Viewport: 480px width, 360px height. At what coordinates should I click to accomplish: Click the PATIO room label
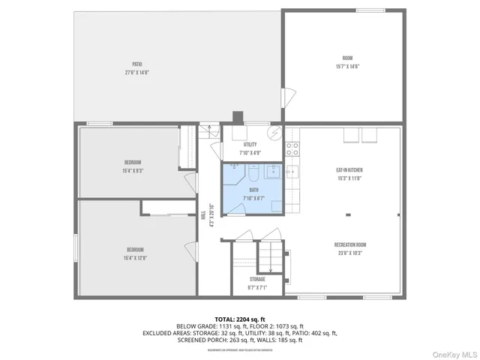pos(137,64)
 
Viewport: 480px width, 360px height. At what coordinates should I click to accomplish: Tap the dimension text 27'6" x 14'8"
pos(137,73)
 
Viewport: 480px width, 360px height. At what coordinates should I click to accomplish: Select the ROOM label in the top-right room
pos(348,58)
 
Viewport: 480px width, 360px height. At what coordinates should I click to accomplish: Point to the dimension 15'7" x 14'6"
pos(348,66)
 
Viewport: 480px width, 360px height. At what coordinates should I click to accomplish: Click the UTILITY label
pos(250,145)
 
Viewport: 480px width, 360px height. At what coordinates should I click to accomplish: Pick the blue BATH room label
pos(253,189)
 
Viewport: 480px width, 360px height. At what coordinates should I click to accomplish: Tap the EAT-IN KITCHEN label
pos(349,170)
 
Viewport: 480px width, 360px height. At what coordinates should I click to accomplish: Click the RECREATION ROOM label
pos(349,244)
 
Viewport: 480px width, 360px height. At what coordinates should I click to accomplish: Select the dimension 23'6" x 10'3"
pos(349,253)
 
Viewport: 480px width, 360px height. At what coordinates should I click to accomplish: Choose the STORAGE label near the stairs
pos(257,279)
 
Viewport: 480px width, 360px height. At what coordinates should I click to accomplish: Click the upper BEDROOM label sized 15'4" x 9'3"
pos(133,162)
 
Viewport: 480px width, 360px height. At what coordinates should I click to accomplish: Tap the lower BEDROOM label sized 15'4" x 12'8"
pos(135,249)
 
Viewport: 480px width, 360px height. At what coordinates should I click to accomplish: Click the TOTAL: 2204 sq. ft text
pos(239,319)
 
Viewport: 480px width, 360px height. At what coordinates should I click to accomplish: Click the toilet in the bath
pos(253,174)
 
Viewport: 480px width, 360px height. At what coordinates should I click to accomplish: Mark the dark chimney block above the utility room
pos(238,116)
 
